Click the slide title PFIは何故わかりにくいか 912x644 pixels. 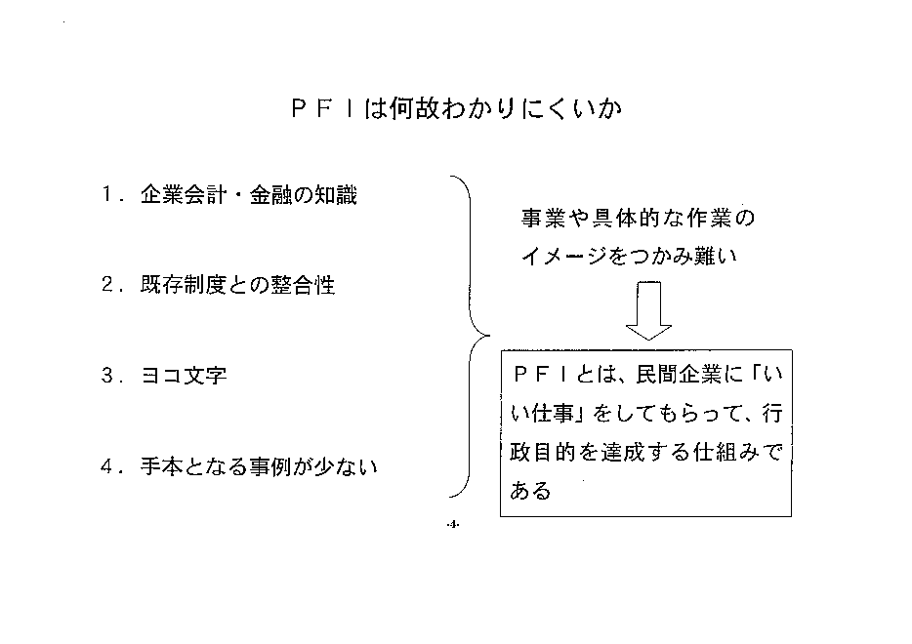pyautogui.click(x=457, y=108)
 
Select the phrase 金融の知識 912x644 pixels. pyautogui.click(x=303, y=195)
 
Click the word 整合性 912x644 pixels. pyautogui.click(x=303, y=285)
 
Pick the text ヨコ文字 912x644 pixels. pyautogui.click(x=184, y=376)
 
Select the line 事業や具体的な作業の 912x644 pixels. pyautogui.click(x=638, y=218)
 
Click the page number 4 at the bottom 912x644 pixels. pyautogui.click(x=453, y=525)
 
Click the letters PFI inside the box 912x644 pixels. pyautogui.click(x=541, y=375)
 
